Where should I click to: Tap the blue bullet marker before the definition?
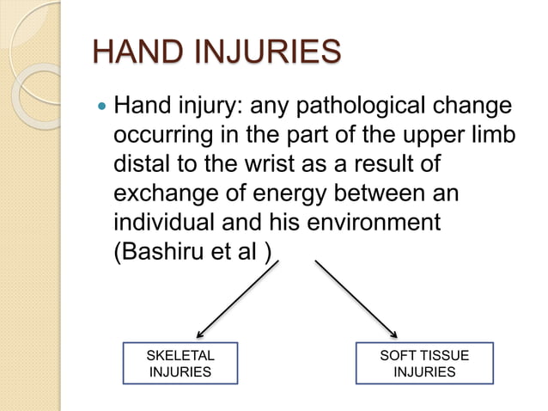[100, 109]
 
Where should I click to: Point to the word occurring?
[163, 138]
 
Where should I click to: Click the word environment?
[371, 221]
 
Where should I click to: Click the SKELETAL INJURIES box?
[181, 363]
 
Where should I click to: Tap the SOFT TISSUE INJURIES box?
[424, 363]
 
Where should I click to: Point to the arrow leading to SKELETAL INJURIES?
[238, 298]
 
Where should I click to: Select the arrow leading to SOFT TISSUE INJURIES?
[356, 298]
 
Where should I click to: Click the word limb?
[490, 138]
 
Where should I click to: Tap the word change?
[470, 108]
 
